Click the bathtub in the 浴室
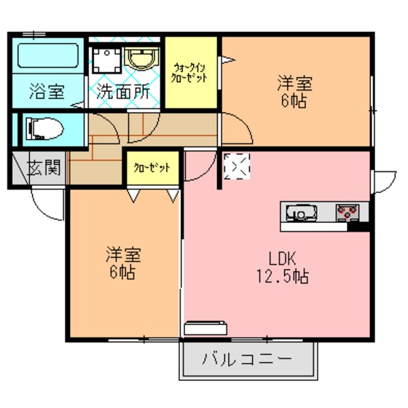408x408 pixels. (x=48, y=55)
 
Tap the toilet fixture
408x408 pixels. (x=44, y=128)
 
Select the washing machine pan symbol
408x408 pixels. (x=107, y=60)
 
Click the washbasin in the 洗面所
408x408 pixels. (x=142, y=59)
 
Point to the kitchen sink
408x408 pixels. (x=302, y=213)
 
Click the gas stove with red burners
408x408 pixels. (x=348, y=213)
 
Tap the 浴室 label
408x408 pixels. (x=47, y=91)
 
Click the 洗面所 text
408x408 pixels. (x=123, y=92)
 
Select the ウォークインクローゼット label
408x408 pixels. (x=189, y=73)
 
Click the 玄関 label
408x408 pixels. (x=44, y=167)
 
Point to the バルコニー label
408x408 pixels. (x=247, y=359)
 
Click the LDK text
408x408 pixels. (x=283, y=259)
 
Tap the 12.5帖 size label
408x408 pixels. (x=283, y=276)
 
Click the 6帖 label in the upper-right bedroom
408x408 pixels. (x=294, y=101)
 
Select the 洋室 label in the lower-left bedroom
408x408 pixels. (x=123, y=254)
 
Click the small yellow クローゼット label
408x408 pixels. (x=152, y=168)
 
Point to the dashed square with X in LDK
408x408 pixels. (x=237, y=166)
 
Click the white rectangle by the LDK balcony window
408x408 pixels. (x=205, y=329)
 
